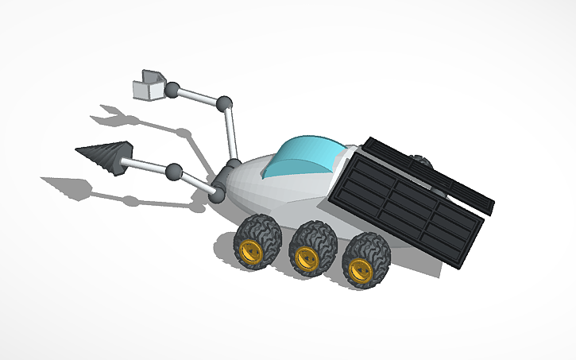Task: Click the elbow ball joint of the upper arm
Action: (226, 103)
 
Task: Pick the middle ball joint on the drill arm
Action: (173, 172)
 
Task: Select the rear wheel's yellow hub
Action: (360, 272)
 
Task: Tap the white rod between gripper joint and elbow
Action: (198, 96)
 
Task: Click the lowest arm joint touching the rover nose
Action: (216, 192)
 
